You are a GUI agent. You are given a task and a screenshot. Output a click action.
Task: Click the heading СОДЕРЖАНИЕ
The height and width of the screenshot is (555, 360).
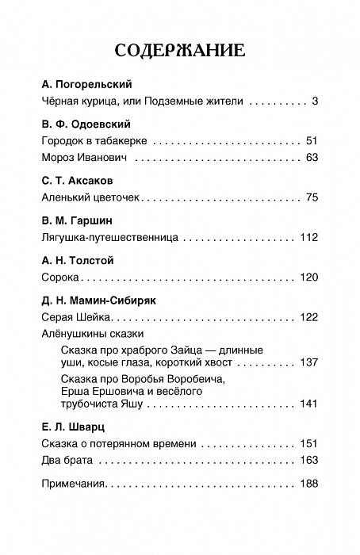180,52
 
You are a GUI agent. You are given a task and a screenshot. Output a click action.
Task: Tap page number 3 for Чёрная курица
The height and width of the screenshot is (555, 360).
314,102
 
